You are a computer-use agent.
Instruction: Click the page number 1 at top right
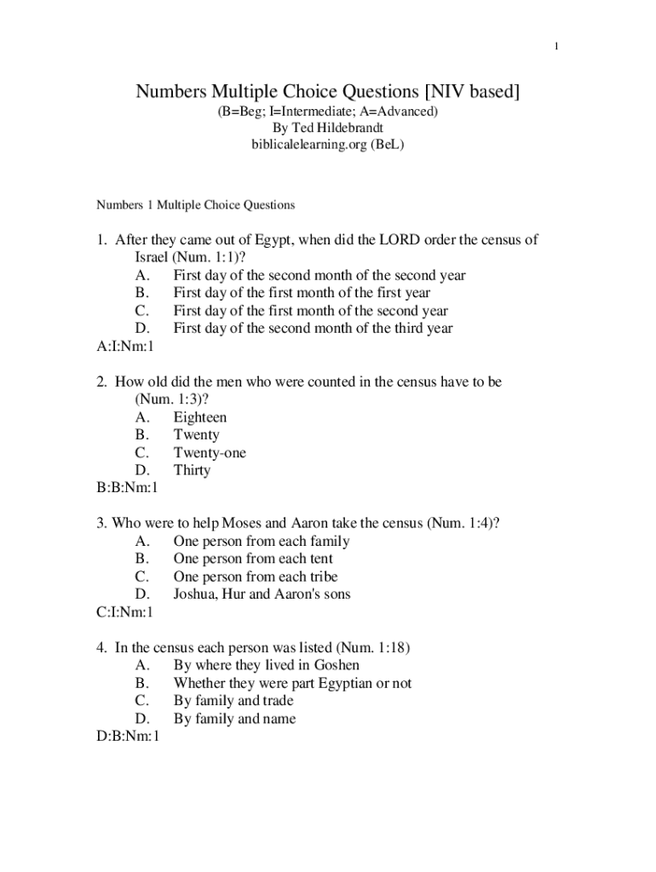click(x=555, y=46)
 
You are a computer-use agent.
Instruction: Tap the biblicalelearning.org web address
click(x=312, y=145)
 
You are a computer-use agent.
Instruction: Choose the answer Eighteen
click(x=200, y=417)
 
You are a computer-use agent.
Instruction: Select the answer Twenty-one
click(x=210, y=453)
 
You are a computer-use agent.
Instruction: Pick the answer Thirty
click(x=192, y=470)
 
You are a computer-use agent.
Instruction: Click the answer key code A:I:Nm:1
click(x=124, y=347)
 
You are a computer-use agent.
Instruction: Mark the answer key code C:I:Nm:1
click(x=124, y=612)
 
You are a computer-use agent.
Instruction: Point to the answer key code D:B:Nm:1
click(x=128, y=737)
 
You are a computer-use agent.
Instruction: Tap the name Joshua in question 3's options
click(x=195, y=594)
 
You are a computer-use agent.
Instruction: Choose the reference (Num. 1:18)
click(x=374, y=648)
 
